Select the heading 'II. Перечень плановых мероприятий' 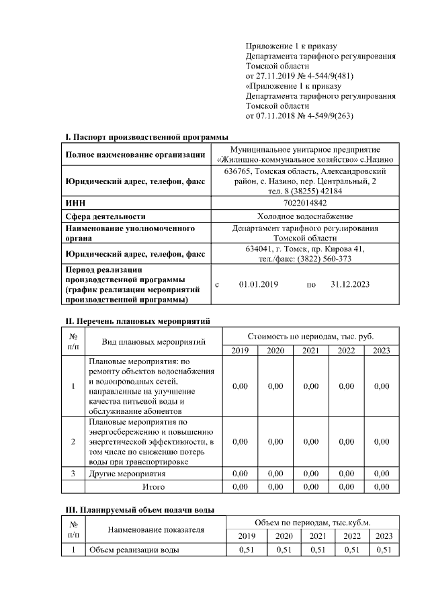[x=137, y=321]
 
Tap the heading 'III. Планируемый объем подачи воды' [x=139, y=509]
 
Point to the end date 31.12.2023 [x=350, y=285]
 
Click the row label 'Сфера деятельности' [x=105, y=216]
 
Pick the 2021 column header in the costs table [x=310, y=351]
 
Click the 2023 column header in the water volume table [x=383, y=535]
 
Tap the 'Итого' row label [x=153, y=486]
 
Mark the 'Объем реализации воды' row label [x=134, y=550]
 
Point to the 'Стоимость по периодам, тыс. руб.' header [x=310, y=335]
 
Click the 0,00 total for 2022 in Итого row [x=346, y=486]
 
